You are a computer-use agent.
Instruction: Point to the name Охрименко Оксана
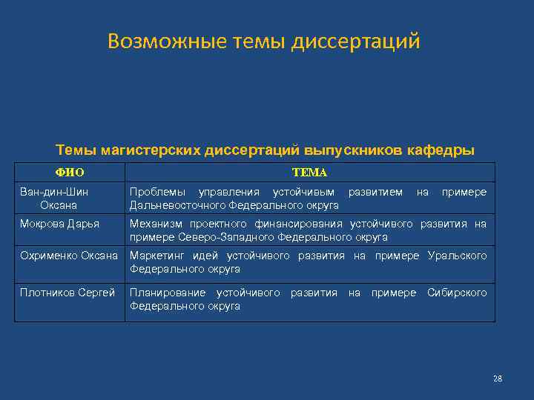68,256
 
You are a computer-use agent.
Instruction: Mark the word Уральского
457,256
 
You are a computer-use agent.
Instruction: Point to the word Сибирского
457,293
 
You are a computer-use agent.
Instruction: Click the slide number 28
497,379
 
